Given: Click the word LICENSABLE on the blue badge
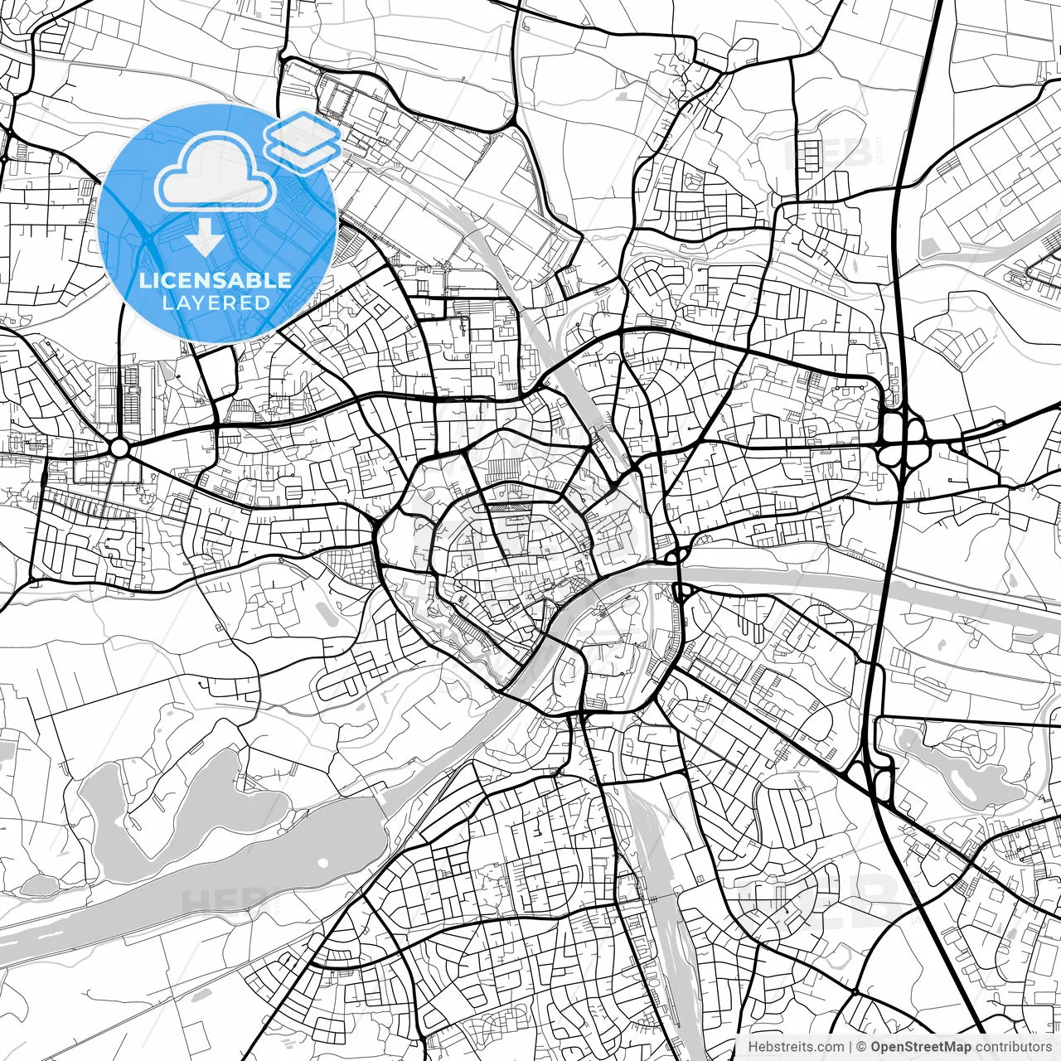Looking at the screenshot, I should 216,280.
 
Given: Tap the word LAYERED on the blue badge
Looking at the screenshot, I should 216,303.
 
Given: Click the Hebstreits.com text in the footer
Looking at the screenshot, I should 796,1046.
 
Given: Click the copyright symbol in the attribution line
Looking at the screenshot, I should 862,1046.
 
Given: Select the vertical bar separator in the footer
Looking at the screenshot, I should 850,1046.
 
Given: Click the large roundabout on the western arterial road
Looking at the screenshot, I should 119,448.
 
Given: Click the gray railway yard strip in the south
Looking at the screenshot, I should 663,895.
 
